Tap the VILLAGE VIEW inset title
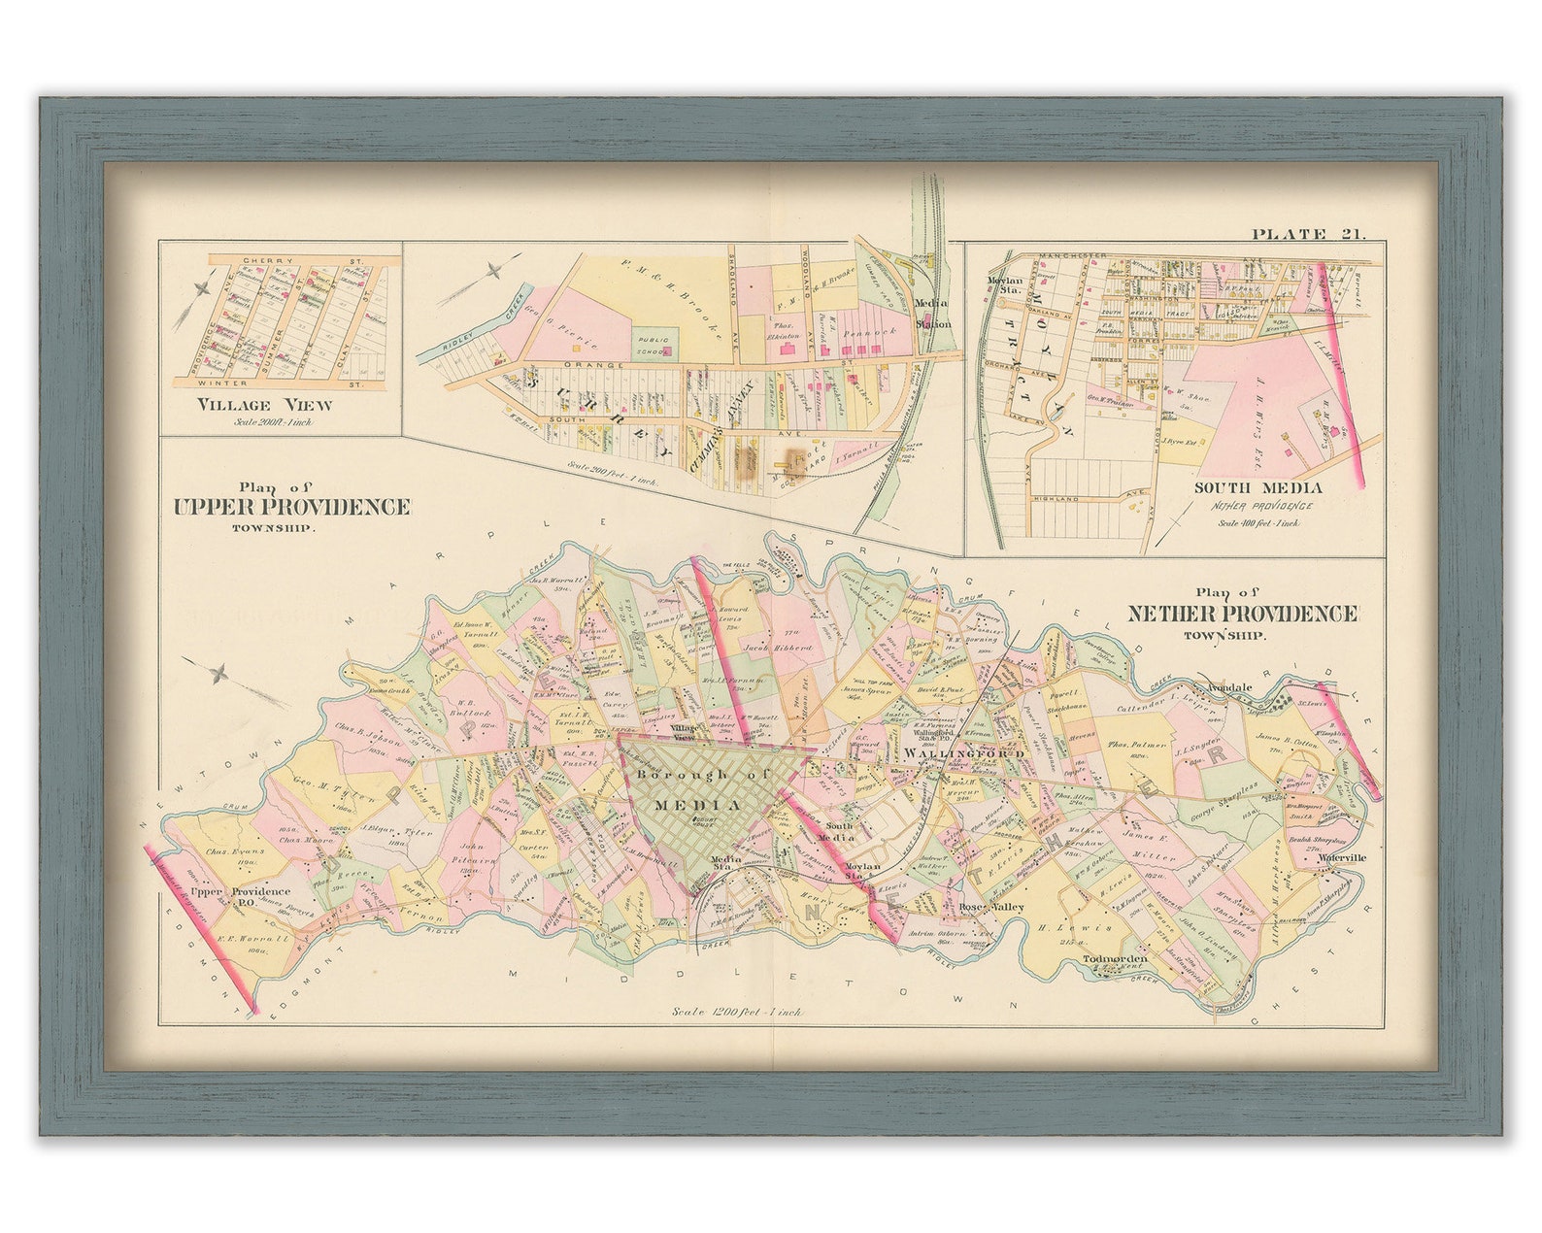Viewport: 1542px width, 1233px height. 263,405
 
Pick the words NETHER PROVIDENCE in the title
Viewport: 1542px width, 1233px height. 1241,614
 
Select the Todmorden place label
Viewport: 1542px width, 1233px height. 1115,959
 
